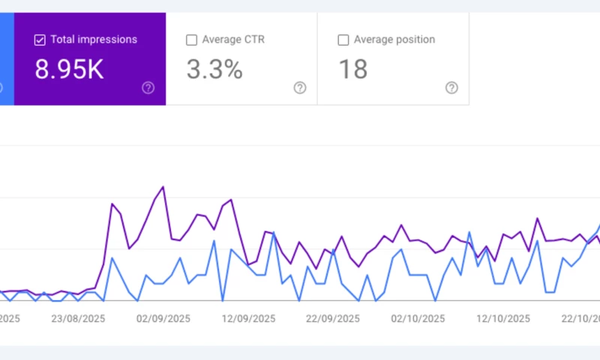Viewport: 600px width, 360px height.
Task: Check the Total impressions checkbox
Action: [x=40, y=40]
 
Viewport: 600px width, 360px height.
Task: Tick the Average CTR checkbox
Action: [x=191, y=40]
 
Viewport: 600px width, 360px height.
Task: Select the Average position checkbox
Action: [x=343, y=40]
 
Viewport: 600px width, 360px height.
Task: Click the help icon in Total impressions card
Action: [x=148, y=88]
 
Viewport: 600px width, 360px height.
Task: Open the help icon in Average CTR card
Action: [x=300, y=88]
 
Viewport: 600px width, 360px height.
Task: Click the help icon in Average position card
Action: [x=451, y=88]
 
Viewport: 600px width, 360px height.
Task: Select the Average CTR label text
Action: [x=234, y=40]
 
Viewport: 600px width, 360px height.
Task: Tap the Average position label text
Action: [x=394, y=40]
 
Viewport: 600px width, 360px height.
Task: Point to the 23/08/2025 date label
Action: [x=77, y=317]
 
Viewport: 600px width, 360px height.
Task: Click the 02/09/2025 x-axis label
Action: [x=162, y=317]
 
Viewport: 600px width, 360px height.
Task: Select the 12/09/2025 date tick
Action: [x=247, y=317]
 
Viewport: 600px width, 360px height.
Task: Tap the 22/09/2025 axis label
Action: [x=331, y=317]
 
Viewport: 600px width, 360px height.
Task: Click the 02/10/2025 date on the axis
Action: [x=417, y=317]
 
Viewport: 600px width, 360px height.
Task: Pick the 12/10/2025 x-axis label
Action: [x=502, y=317]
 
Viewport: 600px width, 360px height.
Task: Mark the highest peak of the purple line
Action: [x=163, y=187]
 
